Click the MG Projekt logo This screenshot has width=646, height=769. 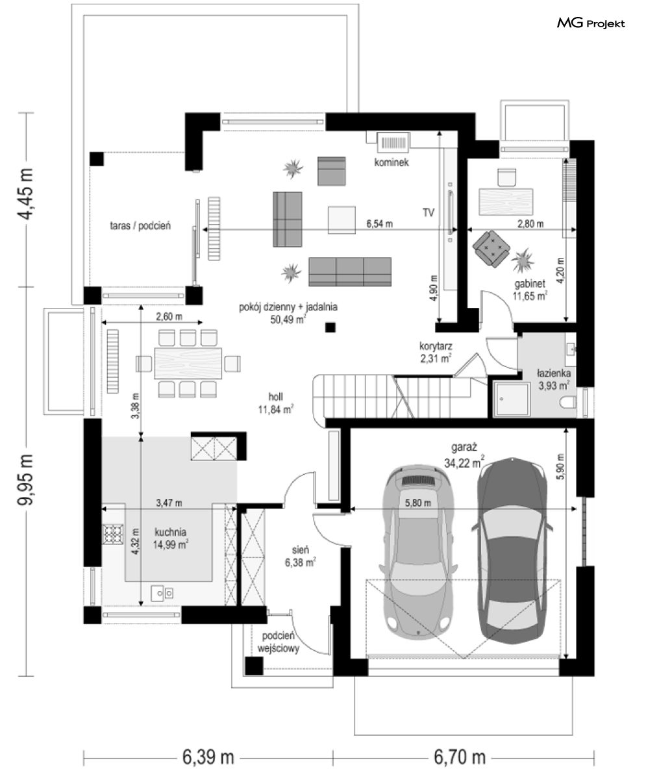click(x=591, y=23)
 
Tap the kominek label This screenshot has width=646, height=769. click(x=391, y=162)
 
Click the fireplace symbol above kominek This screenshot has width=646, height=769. click(x=393, y=142)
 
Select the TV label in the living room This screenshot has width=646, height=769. click(x=429, y=212)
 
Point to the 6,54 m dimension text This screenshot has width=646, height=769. click(x=379, y=223)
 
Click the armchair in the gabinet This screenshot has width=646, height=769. click(x=491, y=249)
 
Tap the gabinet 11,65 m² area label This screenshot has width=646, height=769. click(x=530, y=290)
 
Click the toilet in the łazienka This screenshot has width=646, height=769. click(x=569, y=402)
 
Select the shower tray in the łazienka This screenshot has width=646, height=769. click(x=512, y=399)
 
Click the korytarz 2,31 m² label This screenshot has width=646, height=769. click(x=435, y=352)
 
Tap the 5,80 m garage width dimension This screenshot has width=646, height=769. click(x=417, y=503)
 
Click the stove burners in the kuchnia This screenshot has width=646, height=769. click(x=113, y=534)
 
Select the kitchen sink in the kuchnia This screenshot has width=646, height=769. click(x=162, y=593)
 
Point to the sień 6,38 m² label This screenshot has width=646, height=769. click(x=300, y=556)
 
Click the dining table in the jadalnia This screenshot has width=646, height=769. click(x=188, y=364)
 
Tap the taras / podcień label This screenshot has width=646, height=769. click(x=140, y=225)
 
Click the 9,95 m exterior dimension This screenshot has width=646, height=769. click(x=25, y=479)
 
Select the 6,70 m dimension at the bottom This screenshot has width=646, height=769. click(x=459, y=757)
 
